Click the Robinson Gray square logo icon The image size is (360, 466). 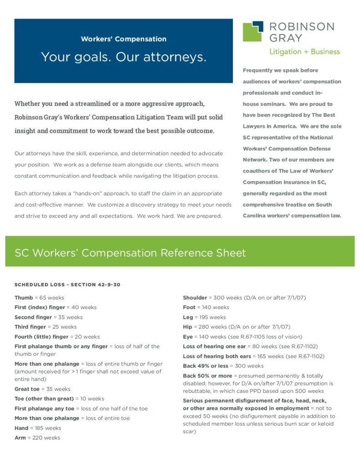pyautogui.click(x=253, y=31)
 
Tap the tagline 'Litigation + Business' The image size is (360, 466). pyautogui.click(x=304, y=51)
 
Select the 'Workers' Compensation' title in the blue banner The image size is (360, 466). pyautogui.click(x=123, y=39)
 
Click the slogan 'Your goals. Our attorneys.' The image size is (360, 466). pyautogui.click(x=123, y=57)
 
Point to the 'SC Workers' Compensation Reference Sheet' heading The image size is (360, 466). pyautogui.click(x=130, y=253)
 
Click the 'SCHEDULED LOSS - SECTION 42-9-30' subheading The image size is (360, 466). pyautogui.click(x=67, y=285)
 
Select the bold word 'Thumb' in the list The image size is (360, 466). pyautogui.click(x=24, y=298)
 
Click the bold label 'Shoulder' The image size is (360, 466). pyautogui.click(x=195, y=298)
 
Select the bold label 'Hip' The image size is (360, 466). pyautogui.click(x=188, y=327)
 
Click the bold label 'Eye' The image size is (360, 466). pyautogui.click(x=188, y=337)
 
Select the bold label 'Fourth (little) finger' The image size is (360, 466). pyautogui.click(x=41, y=337)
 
